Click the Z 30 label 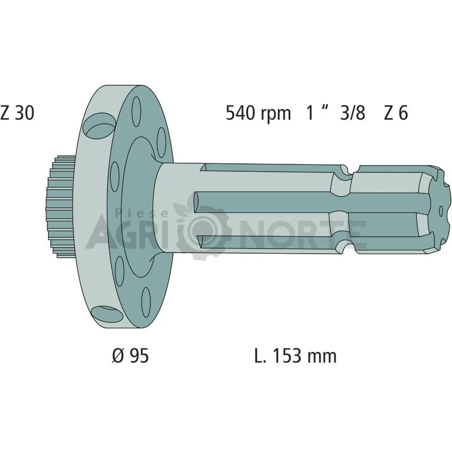18,112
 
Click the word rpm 276,115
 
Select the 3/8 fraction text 353,112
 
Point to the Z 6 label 396,112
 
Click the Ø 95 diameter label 131,356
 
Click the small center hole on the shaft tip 441,211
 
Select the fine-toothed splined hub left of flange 60,207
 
